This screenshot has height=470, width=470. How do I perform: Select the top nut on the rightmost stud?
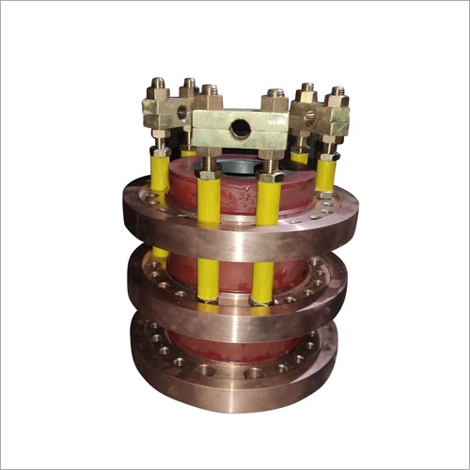pos(337,97)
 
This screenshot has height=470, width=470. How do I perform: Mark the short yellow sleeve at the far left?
pos(160,173)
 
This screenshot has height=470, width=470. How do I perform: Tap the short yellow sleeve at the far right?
pos(324,174)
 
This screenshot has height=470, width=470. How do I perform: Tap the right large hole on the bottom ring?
pos(253,373)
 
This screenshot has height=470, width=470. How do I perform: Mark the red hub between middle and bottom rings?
pos(235,343)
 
